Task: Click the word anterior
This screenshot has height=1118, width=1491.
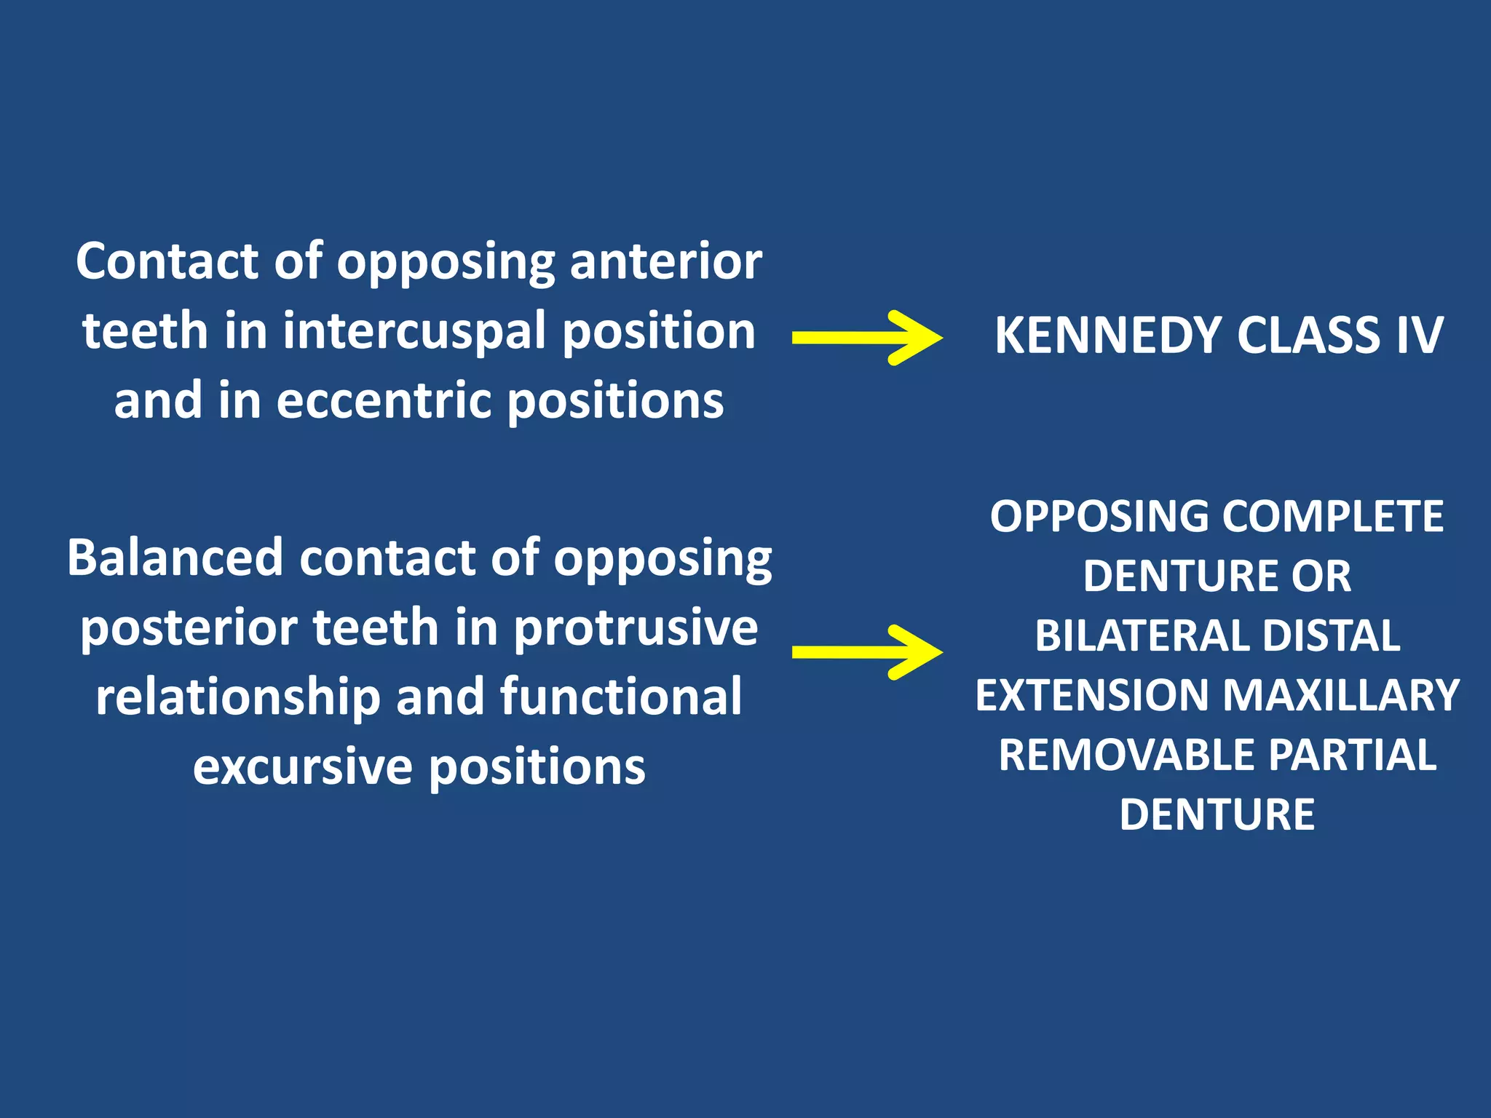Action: point(665,262)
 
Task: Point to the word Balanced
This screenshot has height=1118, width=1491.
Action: point(175,558)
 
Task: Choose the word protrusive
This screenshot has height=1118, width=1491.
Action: point(636,629)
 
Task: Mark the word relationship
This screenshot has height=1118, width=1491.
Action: point(238,698)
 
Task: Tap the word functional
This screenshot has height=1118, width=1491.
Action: point(621,697)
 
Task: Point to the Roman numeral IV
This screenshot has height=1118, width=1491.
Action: point(1419,336)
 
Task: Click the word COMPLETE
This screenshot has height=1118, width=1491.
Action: point(1332,517)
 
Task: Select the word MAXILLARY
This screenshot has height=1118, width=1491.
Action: point(1342,695)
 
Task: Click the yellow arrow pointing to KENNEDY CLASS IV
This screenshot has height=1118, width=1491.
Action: point(866,338)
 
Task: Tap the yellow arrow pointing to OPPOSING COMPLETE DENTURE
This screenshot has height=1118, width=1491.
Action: point(866,652)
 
